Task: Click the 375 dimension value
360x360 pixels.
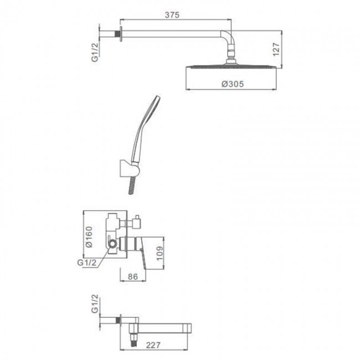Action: [x=172, y=15]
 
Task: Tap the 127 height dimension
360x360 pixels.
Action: [x=276, y=49]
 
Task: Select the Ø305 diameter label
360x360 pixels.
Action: [x=233, y=84]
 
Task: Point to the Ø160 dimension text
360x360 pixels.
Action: [x=89, y=236]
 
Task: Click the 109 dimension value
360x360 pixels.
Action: [x=160, y=254]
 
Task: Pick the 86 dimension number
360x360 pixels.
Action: [x=133, y=276]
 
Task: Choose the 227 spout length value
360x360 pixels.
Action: [x=153, y=345]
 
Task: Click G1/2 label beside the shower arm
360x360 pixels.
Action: [x=95, y=52]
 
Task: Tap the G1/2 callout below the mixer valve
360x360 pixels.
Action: [x=87, y=263]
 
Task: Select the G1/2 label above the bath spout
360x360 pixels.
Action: [x=95, y=304]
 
